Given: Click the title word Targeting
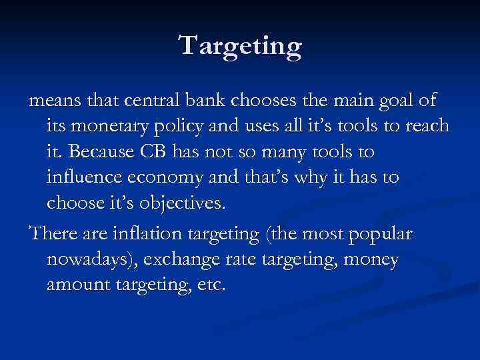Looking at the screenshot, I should coord(240,46).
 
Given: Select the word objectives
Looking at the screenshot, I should coord(185,203).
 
